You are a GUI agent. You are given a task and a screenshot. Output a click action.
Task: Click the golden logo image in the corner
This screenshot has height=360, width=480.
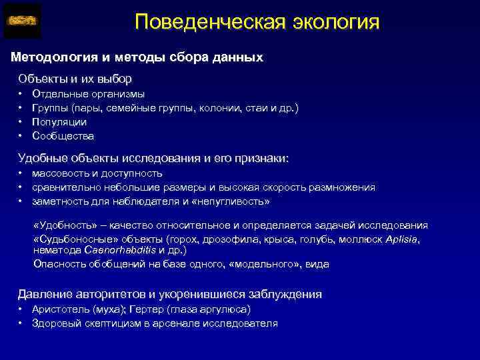(x=22, y=21)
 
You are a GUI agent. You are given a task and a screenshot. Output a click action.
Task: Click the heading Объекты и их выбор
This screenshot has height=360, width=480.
(x=75, y=78)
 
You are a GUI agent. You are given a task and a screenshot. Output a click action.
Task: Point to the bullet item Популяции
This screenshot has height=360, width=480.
(x=59, y=122)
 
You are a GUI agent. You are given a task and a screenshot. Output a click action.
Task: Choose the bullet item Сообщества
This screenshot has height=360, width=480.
(x=63, y=136)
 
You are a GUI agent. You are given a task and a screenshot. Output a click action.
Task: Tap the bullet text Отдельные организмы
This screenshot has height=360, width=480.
(x=88, y=94)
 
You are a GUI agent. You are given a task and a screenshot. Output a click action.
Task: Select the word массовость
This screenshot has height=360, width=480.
(x=59, y=173)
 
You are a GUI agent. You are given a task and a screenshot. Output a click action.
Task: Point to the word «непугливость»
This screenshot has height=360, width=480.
(x=237, y=201)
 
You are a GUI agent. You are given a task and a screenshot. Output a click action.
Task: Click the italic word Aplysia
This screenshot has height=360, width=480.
(x=402, y=239)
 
